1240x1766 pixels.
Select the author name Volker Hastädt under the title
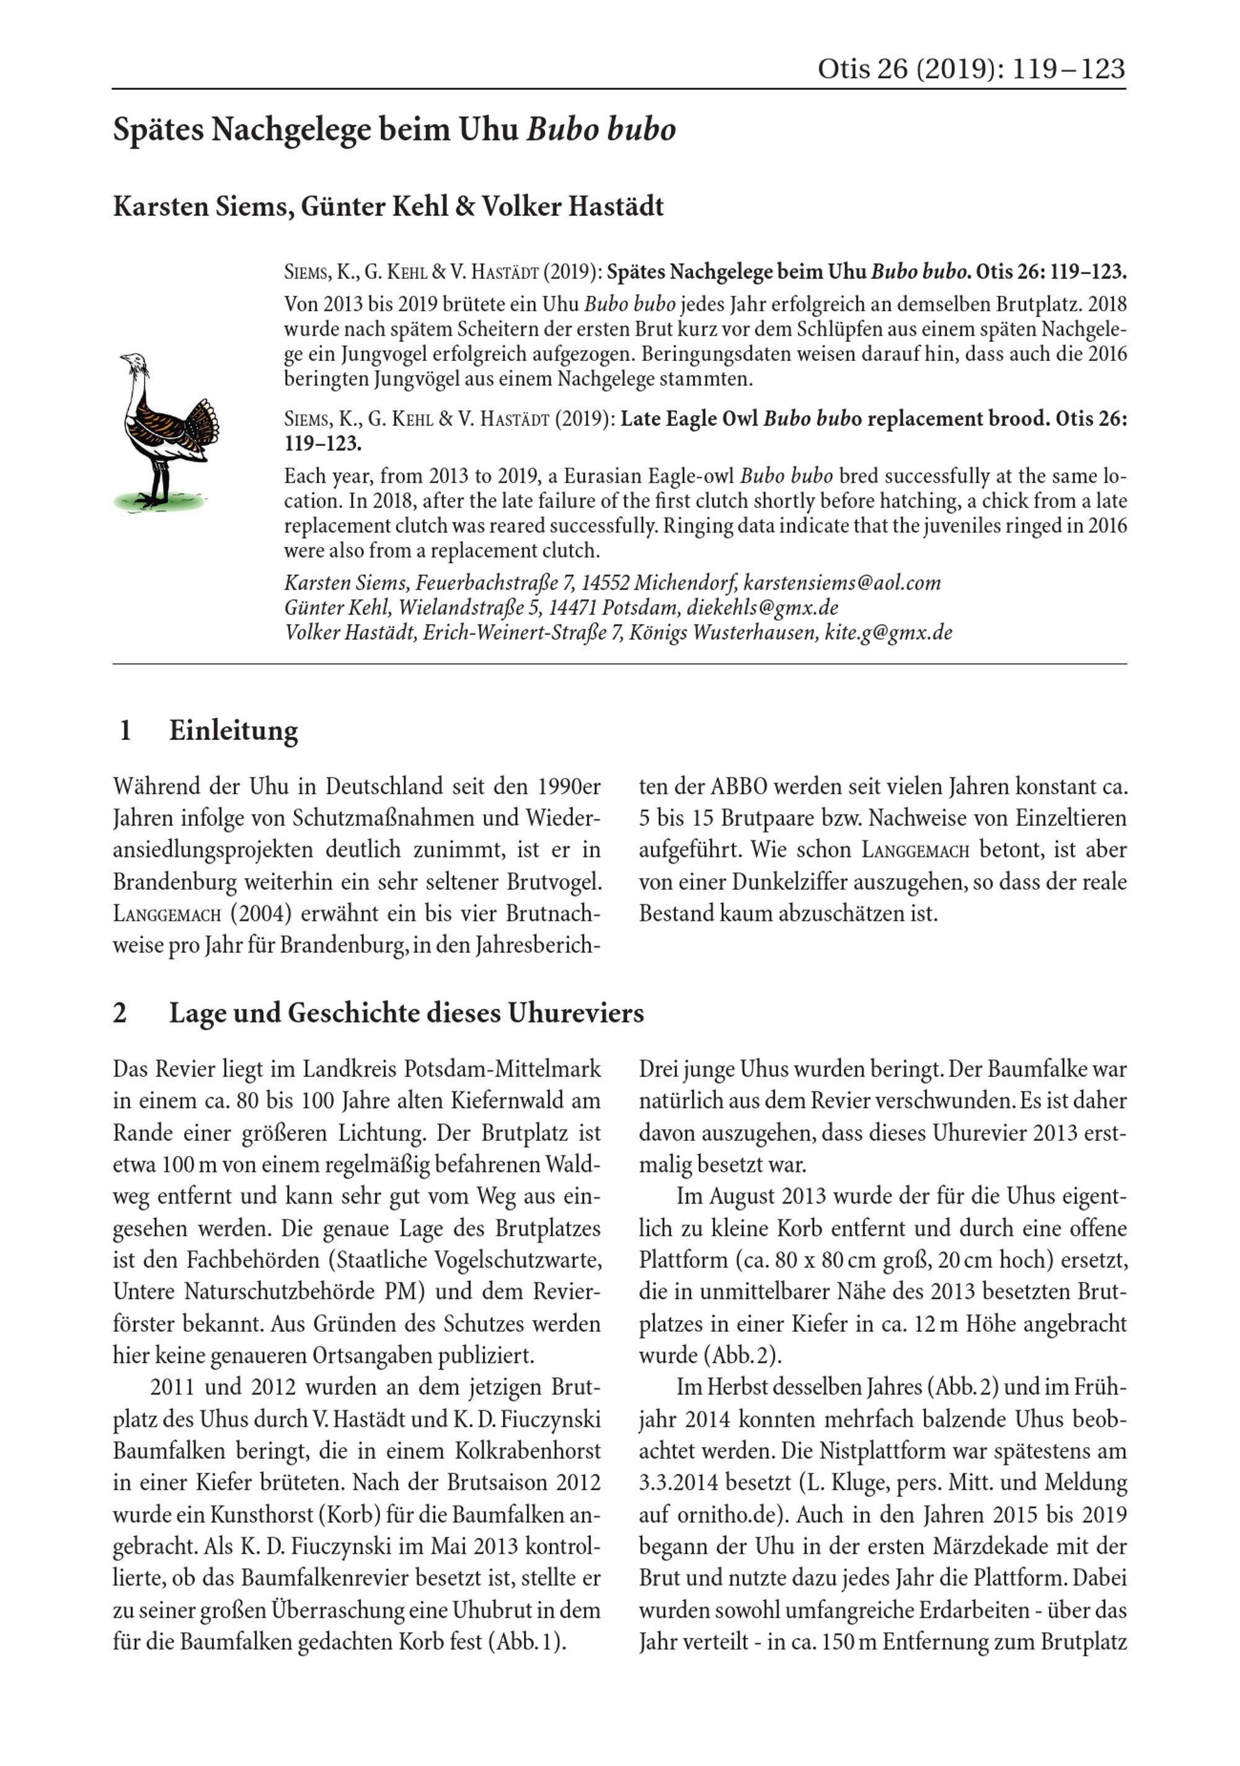pos(572,206)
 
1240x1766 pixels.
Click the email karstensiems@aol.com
pos(843,582)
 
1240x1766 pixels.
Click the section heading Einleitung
pos(233,730)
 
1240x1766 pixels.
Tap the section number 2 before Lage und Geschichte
pos(120,1013)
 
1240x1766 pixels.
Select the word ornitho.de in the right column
pos(732,1514)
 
